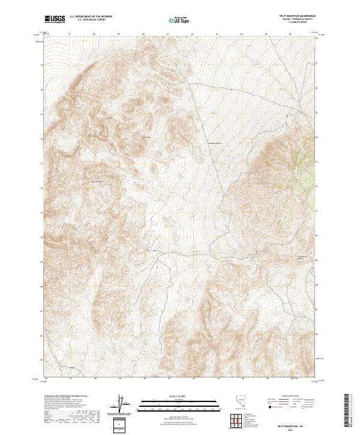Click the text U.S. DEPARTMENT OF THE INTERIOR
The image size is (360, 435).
pos(91,17)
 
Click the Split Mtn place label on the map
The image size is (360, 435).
pos(144,137)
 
